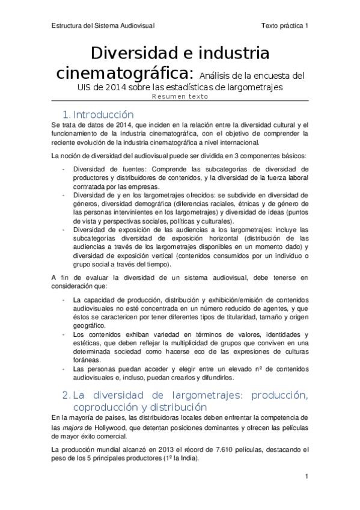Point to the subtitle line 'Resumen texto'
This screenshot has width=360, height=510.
(x=180, y=96)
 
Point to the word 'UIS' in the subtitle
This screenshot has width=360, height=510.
(x=87, y=88)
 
